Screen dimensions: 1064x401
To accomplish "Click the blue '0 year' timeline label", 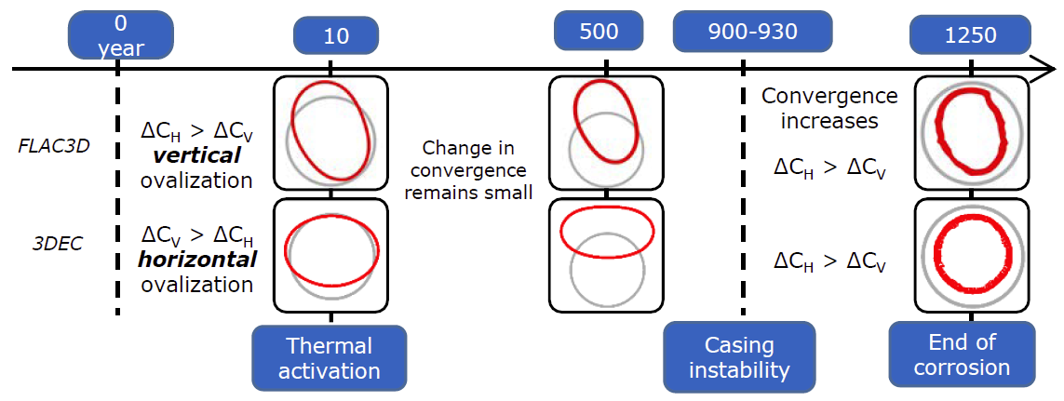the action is click(x=121, y=36).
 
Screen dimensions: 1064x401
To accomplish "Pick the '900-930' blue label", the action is click(x=743, y=32).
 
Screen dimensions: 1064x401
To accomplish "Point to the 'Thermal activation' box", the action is click(x=330, y=358).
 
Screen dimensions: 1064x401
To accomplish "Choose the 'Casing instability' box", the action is click(x=739, y=357).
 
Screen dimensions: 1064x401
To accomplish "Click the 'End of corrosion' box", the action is click(x=963, y=354).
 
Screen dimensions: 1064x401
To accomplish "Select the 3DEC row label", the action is click(x=57, y=244).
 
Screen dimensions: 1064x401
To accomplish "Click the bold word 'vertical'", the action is click(x=196, y=155).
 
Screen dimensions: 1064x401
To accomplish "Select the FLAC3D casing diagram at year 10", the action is click(x=330, y=132).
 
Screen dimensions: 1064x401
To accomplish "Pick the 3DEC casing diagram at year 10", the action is click(x=330, y=254).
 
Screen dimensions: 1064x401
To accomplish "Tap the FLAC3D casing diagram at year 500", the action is click(x=605, y=132).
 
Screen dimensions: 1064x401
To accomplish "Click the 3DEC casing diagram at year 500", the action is click(x=605, y=254).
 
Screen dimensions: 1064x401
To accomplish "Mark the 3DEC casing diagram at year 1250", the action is click(x=973, y=254).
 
